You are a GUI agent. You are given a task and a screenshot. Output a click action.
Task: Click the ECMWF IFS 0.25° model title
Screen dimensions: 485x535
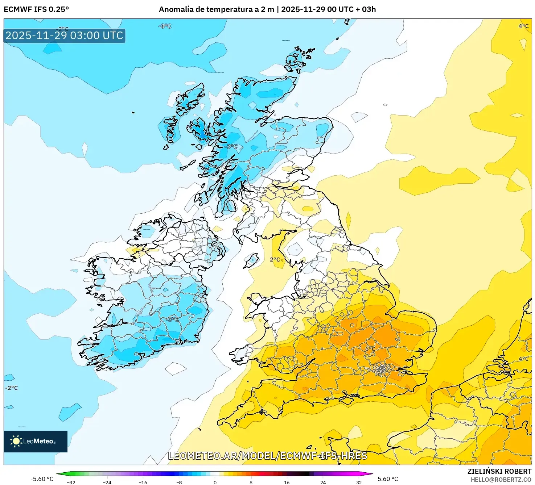click(36, 9)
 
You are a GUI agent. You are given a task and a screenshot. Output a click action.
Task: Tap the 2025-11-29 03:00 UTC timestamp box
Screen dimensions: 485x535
click(65, 35)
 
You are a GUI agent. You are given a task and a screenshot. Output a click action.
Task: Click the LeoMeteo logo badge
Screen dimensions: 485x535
click(36, 441)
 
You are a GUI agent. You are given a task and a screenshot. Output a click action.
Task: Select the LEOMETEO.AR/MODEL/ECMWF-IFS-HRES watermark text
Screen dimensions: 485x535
click(268, 456)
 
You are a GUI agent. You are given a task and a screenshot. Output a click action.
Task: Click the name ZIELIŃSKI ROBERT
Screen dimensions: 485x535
click(499, 471)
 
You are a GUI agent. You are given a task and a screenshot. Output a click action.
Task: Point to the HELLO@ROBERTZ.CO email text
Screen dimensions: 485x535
click(501, 480)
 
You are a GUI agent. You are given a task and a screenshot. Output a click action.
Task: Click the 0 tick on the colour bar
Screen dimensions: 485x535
click(215, 482)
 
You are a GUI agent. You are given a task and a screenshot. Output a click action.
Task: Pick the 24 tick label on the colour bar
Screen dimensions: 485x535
click(323, 482)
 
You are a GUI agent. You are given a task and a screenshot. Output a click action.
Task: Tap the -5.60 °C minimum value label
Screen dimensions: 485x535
click(42, 479)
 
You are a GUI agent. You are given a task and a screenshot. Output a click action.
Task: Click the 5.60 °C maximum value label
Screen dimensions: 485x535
click(388, 479)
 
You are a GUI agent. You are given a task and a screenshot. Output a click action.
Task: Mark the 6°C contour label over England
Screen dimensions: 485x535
click(370, 349)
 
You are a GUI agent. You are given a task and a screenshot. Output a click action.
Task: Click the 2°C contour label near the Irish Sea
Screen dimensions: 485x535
click(275, 260)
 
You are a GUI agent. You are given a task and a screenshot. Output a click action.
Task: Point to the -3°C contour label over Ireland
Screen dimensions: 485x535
click(172, 319)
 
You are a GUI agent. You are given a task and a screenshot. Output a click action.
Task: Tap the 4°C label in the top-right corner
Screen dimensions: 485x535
click(523, 26)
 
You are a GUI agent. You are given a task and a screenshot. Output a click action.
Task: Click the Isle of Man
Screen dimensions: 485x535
click(251, 260)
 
